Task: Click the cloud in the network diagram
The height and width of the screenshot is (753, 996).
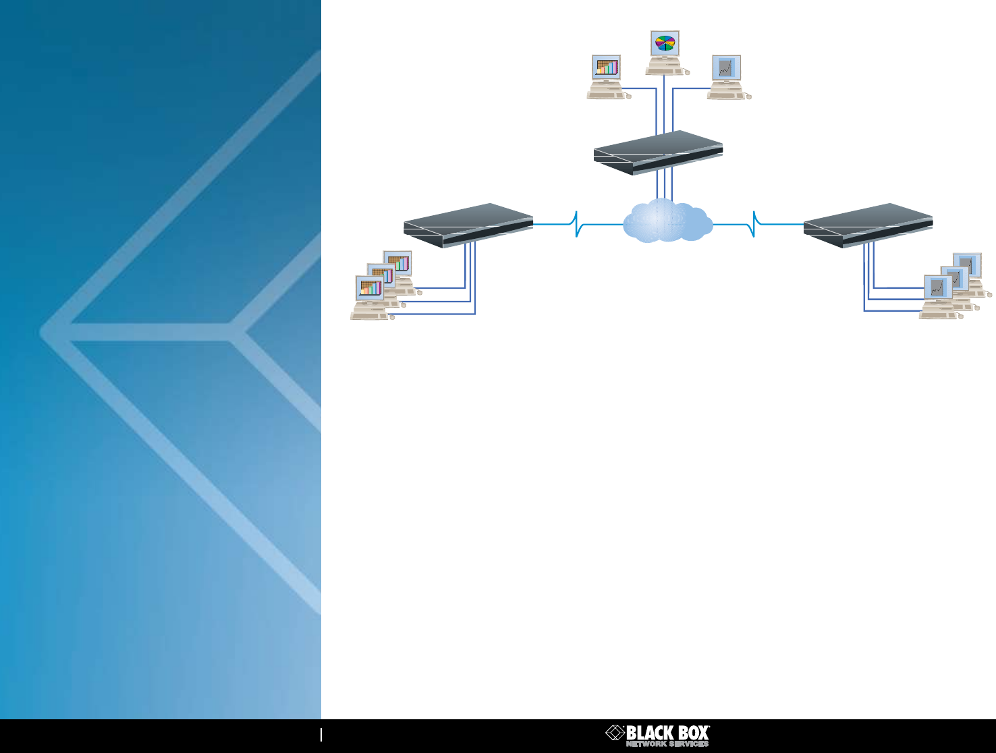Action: [x=667, y=221]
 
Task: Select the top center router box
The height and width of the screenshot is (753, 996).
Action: [x=658, y=152]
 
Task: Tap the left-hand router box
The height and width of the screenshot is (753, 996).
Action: [x=468, y=225]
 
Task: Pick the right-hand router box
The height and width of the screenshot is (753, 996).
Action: [x=868, y=225]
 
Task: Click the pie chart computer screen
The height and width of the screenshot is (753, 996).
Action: [x=665, y=43]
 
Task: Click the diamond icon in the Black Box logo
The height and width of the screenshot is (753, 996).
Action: [x=615, y=733]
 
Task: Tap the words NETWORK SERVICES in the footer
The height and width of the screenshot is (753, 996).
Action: [x=667, y=744]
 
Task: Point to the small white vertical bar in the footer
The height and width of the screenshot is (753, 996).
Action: [x=321, y=734]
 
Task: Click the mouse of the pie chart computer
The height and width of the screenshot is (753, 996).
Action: [x=686, y=71]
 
